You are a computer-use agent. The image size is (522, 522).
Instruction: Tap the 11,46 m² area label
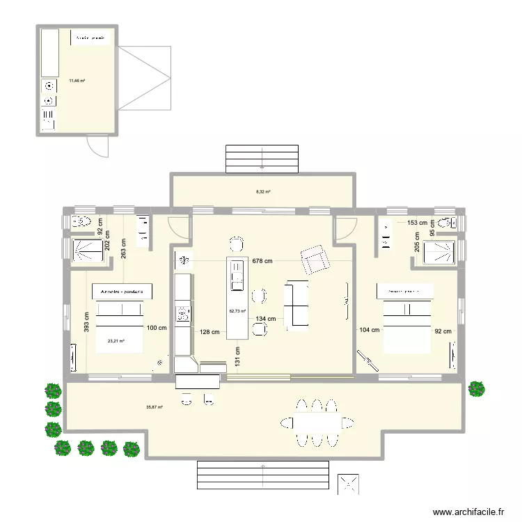(77, 81)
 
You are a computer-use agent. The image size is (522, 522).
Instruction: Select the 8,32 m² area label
(263, 192)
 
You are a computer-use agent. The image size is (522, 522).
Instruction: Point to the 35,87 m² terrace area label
(155, 407)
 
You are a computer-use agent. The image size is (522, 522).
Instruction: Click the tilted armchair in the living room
(315, 260)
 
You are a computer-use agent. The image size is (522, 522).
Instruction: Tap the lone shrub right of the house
(477, 388)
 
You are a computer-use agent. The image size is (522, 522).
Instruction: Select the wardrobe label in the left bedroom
(122, 292)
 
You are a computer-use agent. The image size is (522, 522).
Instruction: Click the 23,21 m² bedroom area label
(116, 341)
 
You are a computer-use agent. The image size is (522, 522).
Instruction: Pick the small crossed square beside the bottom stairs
(348, 484)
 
